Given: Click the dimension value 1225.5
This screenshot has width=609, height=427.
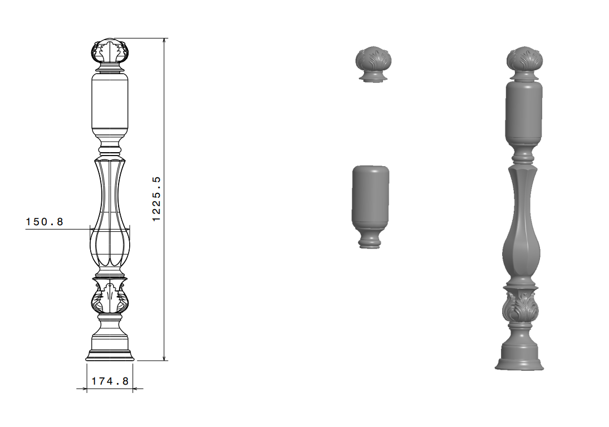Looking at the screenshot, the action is coord(156,199).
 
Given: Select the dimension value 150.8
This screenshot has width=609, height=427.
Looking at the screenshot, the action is coord(45,222).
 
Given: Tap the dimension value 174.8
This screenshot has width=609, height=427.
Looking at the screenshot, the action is coord(110,381).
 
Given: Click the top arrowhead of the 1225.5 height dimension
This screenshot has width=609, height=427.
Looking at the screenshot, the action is coord(164,41).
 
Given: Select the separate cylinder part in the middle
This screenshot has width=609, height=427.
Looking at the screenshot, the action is coord(371,207).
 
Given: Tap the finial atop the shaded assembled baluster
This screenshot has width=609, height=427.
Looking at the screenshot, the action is coord(524,63).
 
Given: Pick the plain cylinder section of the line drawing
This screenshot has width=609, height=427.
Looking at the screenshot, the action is coord(110,102).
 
